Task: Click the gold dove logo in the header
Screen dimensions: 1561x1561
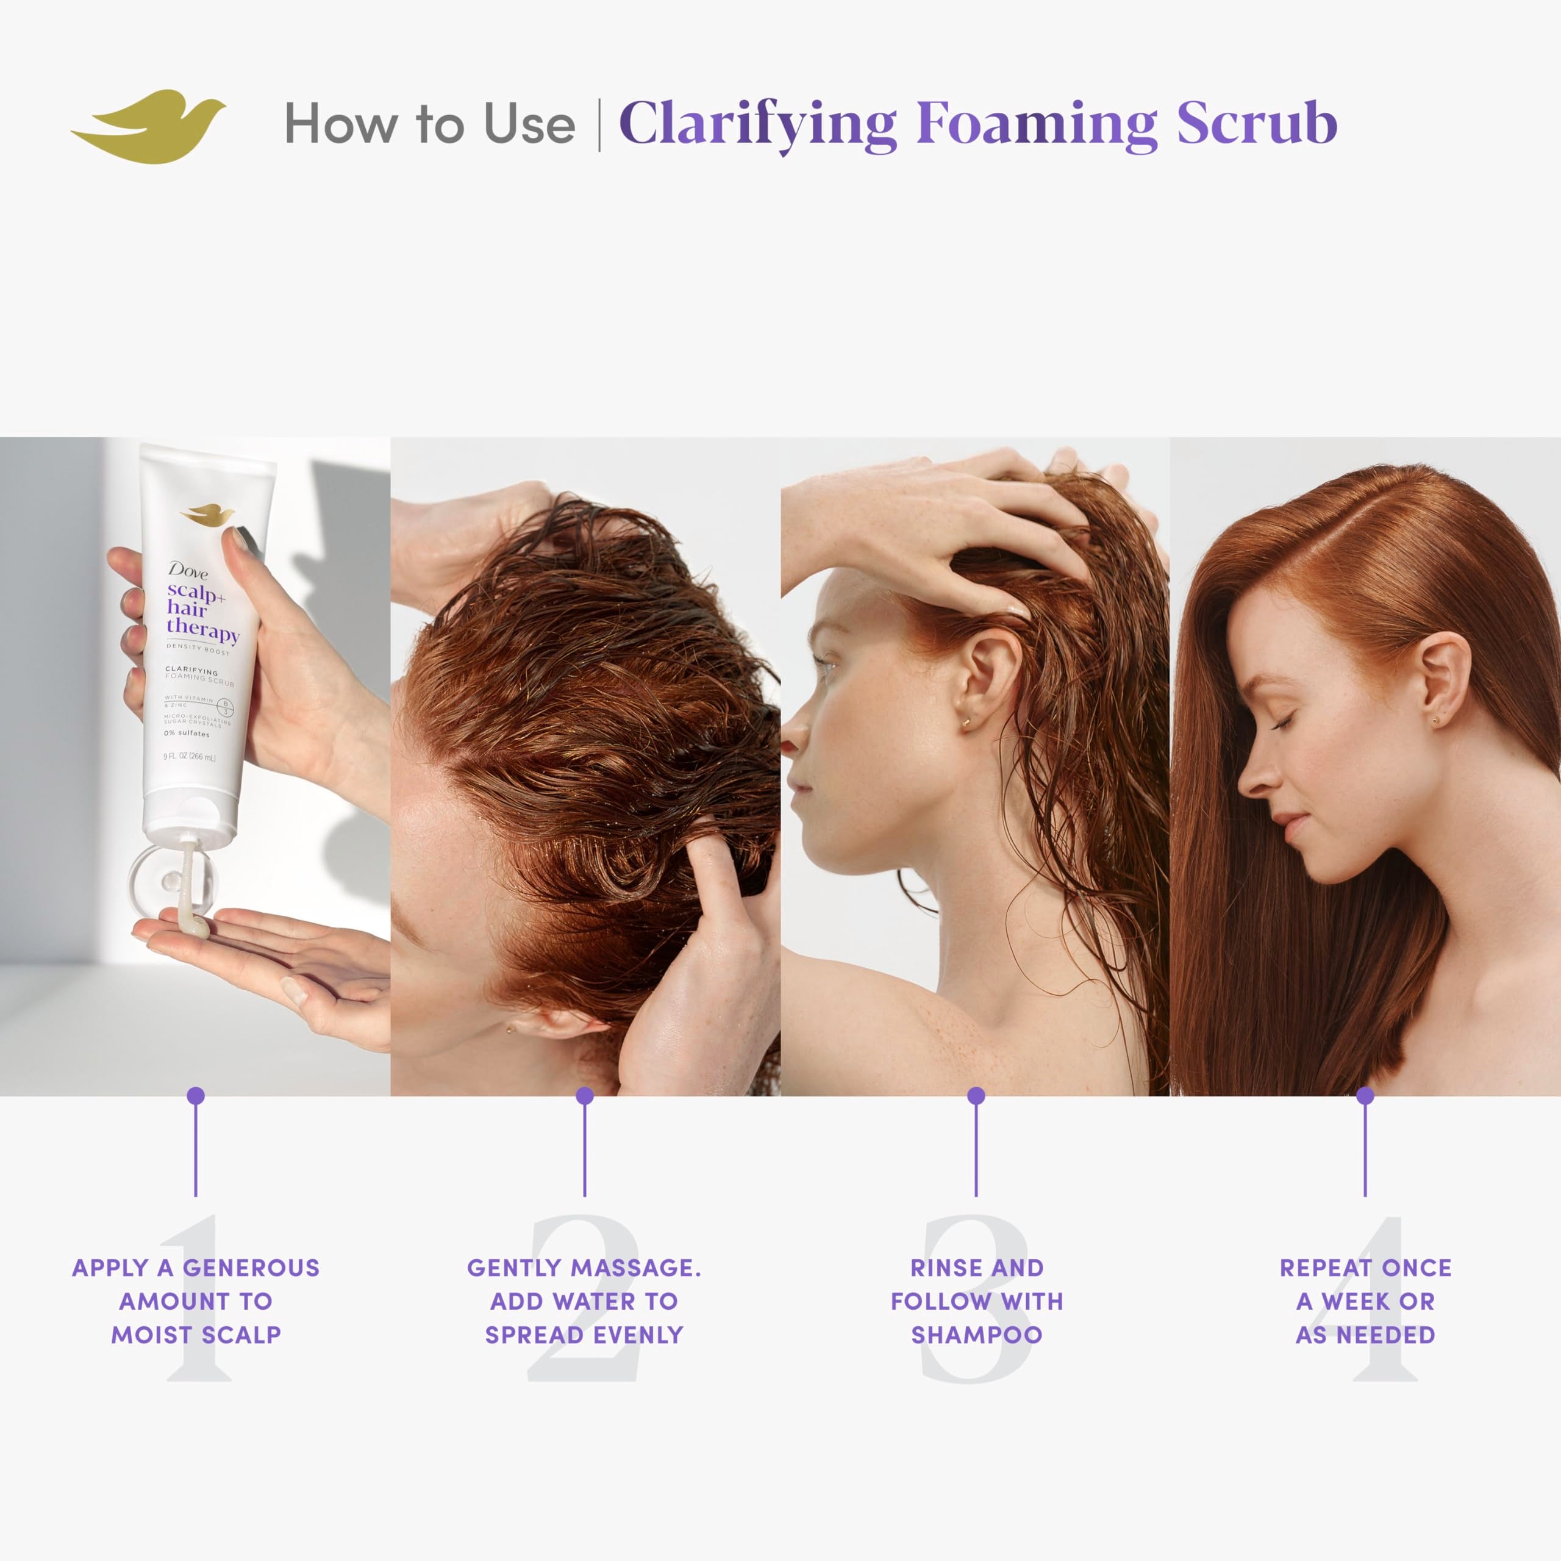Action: tap(149, 125)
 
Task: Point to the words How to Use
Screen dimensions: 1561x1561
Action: tap(429, 125)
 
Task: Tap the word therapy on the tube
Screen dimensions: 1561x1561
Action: tap(202, 629)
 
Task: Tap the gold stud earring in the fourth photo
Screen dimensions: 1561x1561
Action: tap(1435, 720)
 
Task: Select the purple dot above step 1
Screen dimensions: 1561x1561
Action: tap(196, 1096)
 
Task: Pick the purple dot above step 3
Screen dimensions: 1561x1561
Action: tap(976, 1096)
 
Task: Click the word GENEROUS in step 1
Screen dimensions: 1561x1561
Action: tap(251, 1268)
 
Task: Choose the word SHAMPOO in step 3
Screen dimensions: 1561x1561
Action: tap(977, 1335)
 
